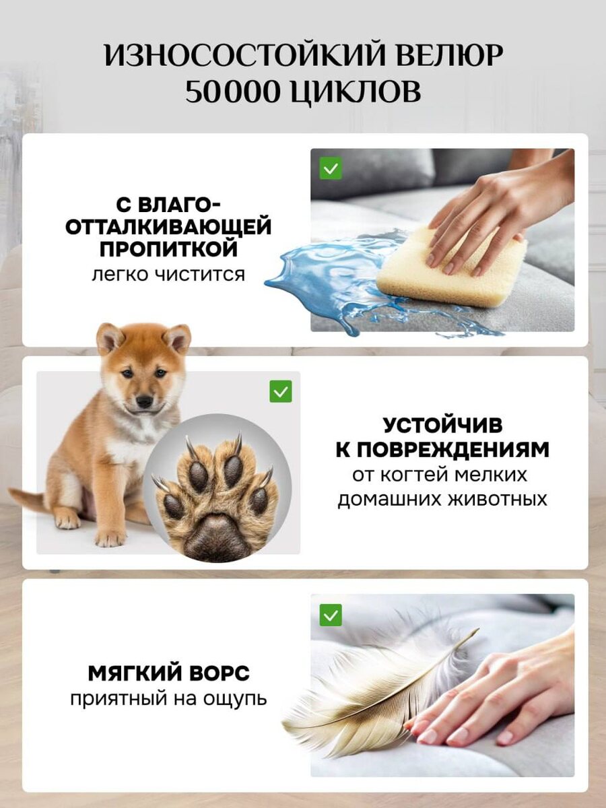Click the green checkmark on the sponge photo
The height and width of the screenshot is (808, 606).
click(x=331, y=168)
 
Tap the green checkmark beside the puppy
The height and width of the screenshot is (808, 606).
click(x=281, y=391)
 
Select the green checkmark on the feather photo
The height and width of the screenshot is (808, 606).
click(x=331, y=614)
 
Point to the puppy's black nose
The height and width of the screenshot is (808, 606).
click(x=144, y=401)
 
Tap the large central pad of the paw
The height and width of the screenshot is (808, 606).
click(x=214, y=537)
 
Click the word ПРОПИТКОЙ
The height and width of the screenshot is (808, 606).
click(x=168, y=248)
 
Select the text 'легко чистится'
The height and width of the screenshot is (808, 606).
click(x=168, y=275)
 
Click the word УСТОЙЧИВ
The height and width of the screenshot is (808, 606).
click(x=442, y=426)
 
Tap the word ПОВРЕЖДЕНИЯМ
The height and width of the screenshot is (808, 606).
click(x=442, y=450)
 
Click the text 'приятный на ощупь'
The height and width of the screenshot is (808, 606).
click(x=168, y=698)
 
